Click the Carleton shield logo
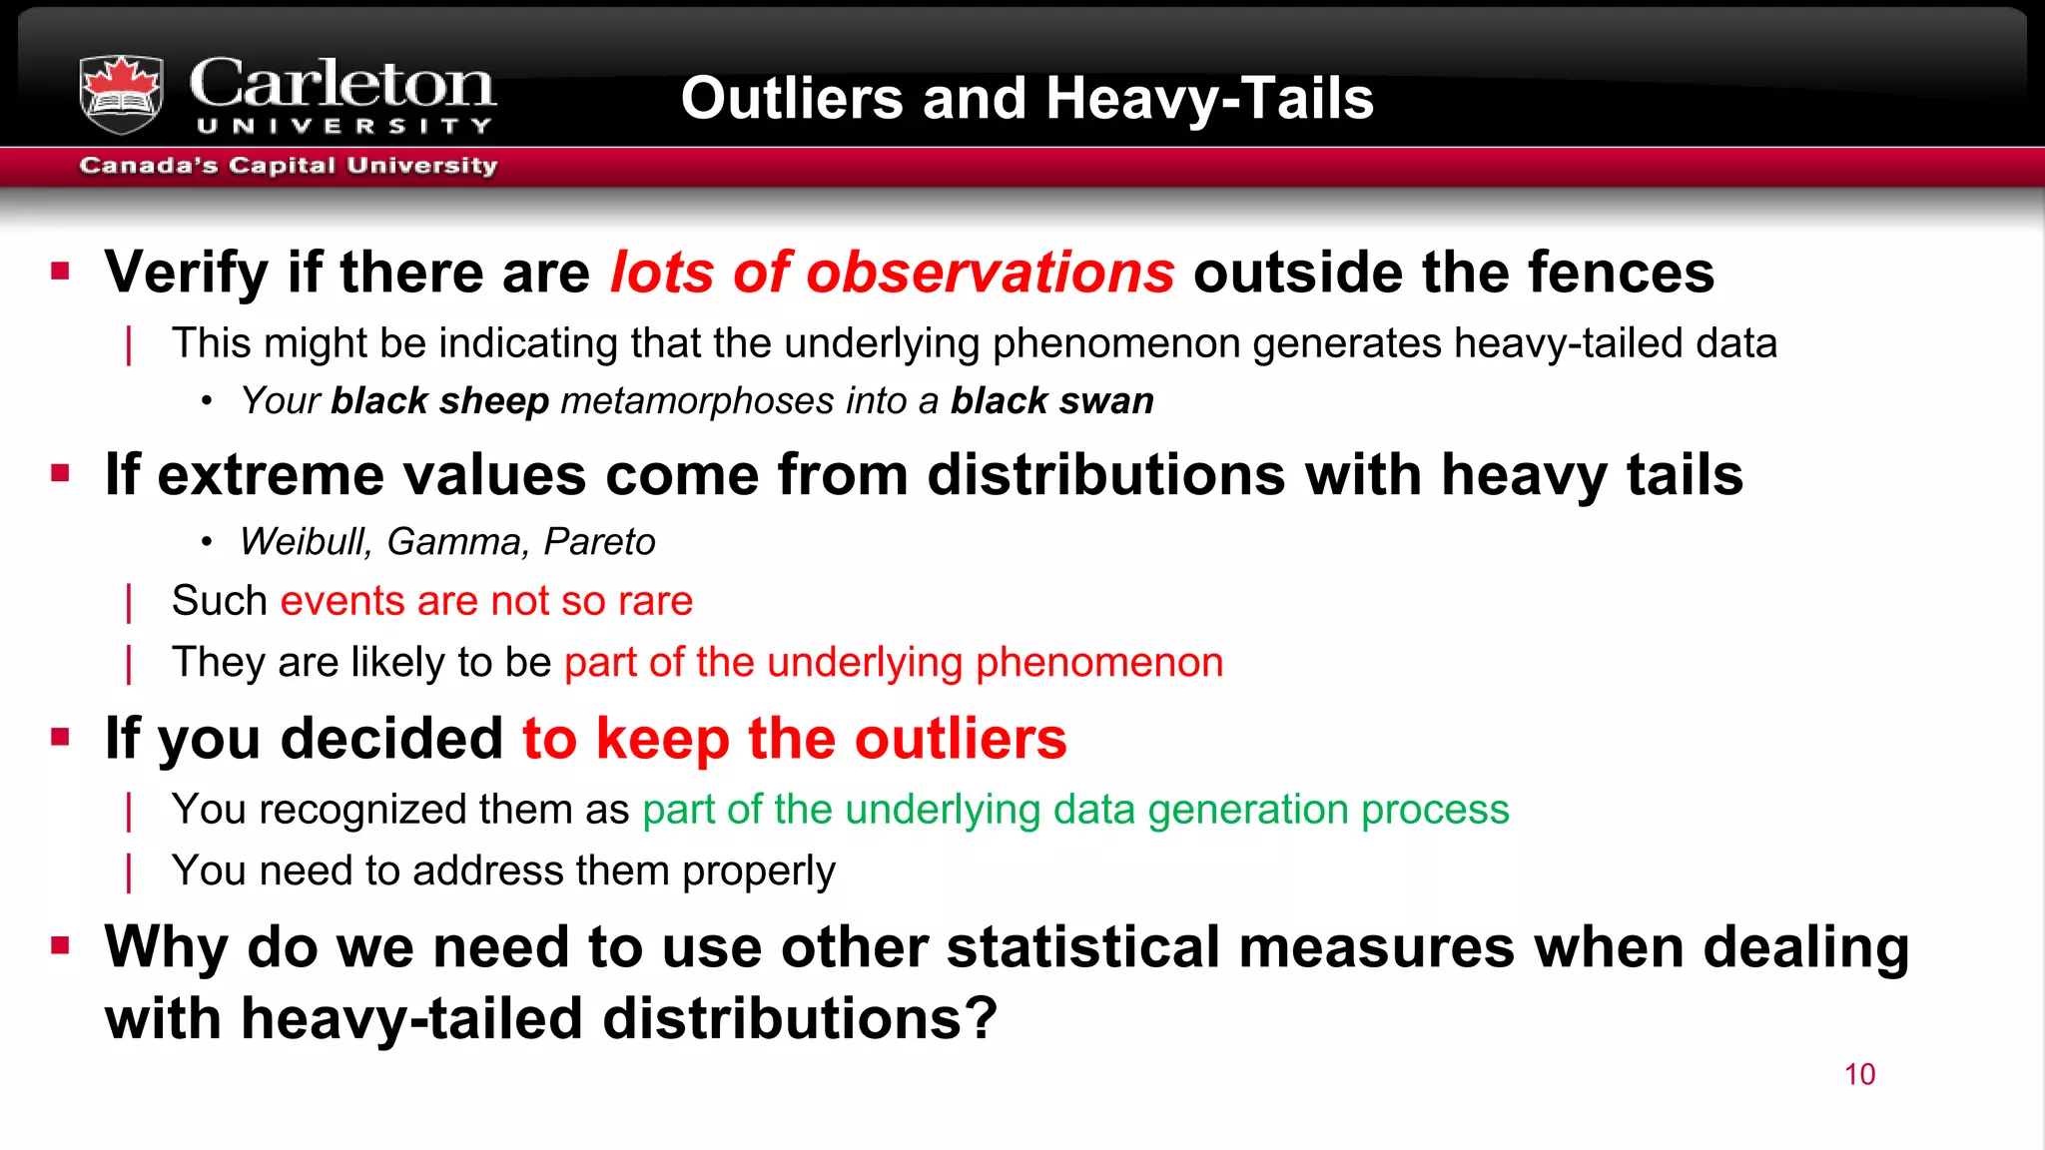click(x=121, y=94)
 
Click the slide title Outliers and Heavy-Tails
click(x=1026, y=99)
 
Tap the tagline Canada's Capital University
click(x=288, y=166)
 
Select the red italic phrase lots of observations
click(x=892, y=273)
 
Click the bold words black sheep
click(x=439, y=401)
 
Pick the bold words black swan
click(x=1051, y=401)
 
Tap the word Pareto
click(x=599, y=542)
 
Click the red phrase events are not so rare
click(x=486, y=601)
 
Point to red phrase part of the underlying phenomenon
click(x=894, y=663)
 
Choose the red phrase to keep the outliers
click(x=795, y=739)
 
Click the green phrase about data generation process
click(x=1075, y=810)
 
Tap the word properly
click(x=759, y=871)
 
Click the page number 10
click(x=1859, y=1074)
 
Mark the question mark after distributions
click(x=981, y=1018)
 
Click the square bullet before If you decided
click(x=61, y=737)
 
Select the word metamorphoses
click(x=697, y=401)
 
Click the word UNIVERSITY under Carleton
click(x=343, y=126)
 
